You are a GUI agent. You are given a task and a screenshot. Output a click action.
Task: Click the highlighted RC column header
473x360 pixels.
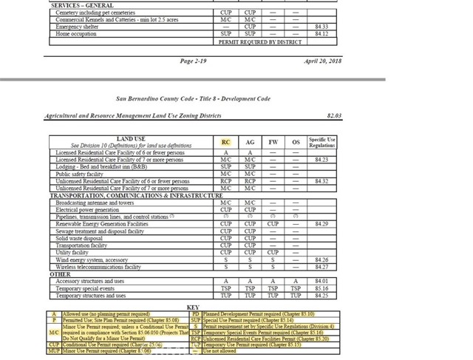tap(226, 142)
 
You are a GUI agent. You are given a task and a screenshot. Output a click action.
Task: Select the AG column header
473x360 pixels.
tap(250, 142)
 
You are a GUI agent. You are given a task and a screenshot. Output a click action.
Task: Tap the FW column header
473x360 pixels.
tap(273, 142)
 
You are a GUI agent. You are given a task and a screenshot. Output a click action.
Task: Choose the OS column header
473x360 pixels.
tap(296, 142)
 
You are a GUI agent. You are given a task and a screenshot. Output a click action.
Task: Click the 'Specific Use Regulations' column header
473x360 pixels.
tap(321, 142)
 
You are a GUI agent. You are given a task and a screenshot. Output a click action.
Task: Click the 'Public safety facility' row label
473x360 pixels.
tap(80, 174)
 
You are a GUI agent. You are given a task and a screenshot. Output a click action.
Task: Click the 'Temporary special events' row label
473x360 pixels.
tap(87, 288)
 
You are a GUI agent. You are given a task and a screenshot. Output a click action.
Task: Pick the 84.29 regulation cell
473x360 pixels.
tap(321, 223)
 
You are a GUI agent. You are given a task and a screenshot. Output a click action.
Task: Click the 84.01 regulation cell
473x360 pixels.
tap(321, 281)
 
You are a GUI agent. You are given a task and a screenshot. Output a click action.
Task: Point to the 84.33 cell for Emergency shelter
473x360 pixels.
tap(321, 27)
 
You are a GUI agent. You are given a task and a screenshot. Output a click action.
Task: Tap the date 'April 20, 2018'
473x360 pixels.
tap(322, 61)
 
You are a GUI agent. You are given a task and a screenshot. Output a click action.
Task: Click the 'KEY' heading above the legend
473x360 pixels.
tap(194, 307)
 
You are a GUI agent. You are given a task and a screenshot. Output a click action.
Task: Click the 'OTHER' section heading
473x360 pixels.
tap(61, 274)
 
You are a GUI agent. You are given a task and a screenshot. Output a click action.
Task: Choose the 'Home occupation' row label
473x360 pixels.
tap(78, 34)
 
